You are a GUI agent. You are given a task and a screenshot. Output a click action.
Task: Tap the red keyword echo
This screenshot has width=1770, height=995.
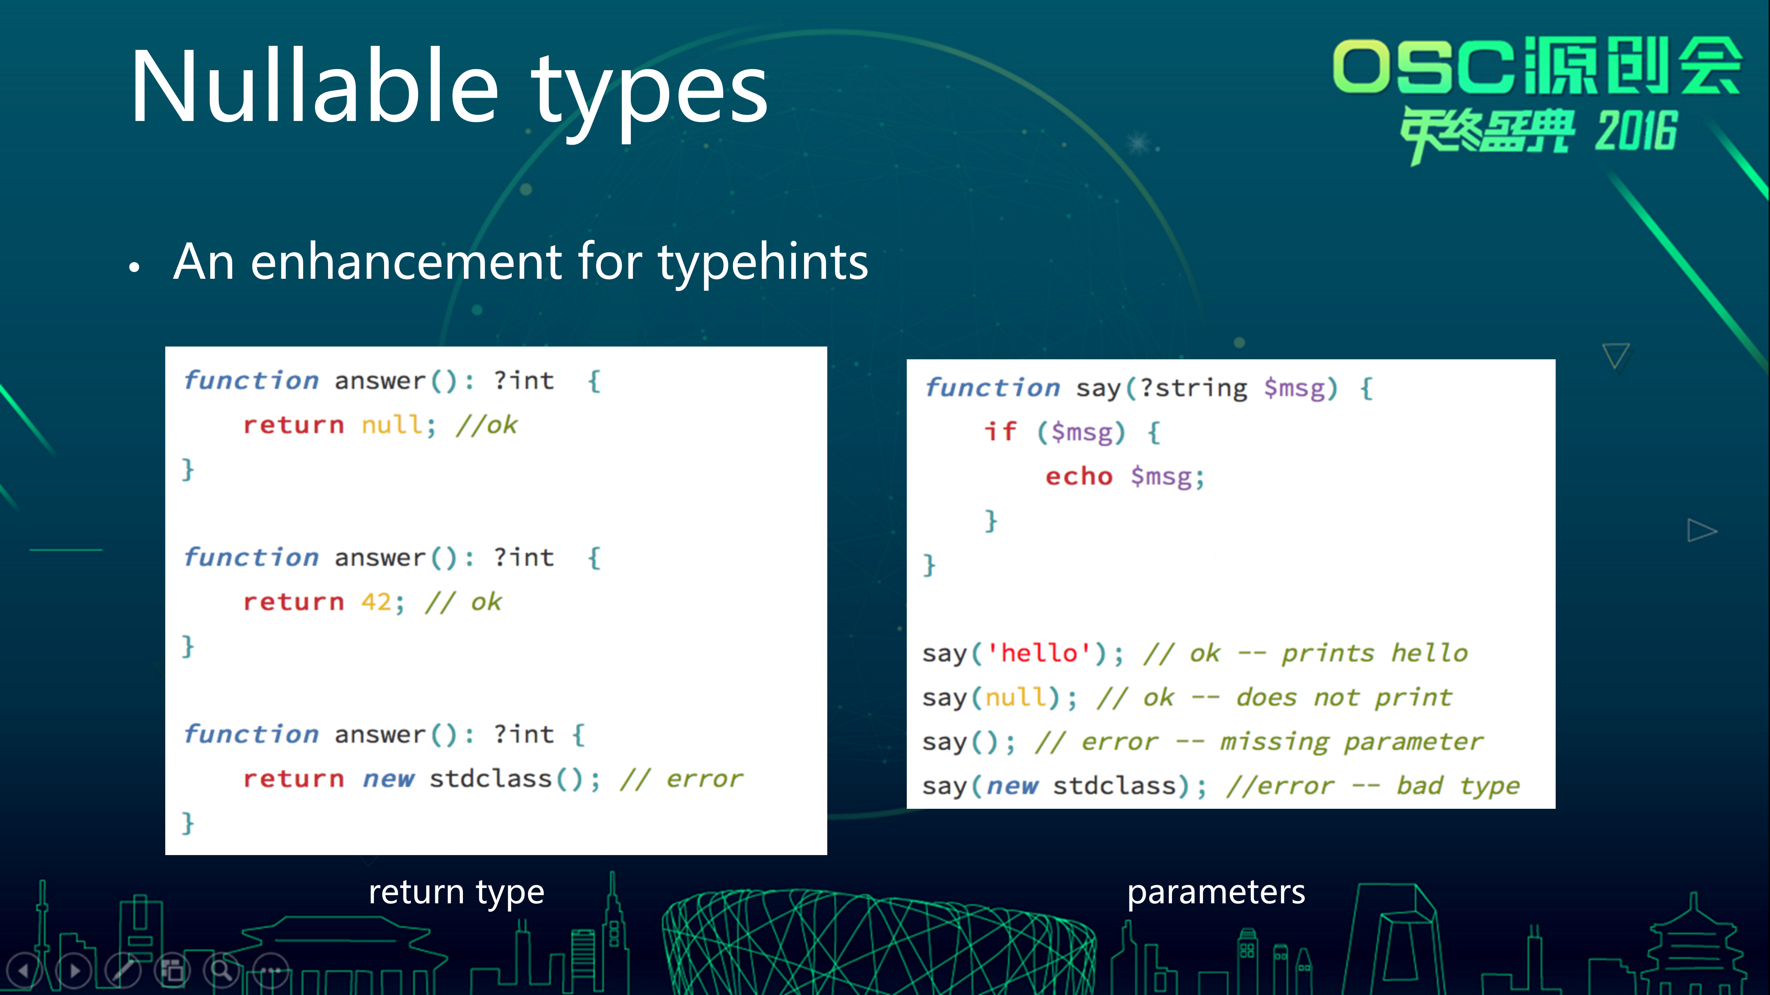(1079, 476)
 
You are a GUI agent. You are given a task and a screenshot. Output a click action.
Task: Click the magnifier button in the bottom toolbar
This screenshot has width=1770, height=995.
(221, 970)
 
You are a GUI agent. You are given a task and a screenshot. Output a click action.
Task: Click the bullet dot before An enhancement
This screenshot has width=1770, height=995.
(135, 268)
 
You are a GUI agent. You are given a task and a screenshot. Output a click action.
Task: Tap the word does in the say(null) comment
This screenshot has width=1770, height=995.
(1266, 698)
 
